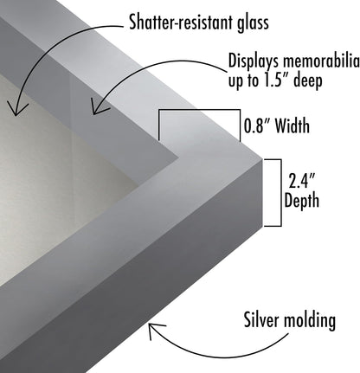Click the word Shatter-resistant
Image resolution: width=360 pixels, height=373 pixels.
182,23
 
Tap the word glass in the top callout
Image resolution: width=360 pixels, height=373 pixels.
253,23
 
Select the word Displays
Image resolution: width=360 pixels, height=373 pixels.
254,61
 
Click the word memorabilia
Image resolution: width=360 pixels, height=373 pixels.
321,61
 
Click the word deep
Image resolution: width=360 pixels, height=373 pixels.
307,80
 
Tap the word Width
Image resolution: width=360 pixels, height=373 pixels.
292,125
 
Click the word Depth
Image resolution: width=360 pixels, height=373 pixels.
302,201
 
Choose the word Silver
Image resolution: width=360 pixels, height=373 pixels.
262,319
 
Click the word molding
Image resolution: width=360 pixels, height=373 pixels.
310,320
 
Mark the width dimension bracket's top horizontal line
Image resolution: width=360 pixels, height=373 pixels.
199,110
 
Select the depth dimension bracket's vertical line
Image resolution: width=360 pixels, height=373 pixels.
281,193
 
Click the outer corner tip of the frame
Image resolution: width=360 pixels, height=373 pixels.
262,158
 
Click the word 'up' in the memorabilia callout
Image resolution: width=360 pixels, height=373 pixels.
235,81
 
